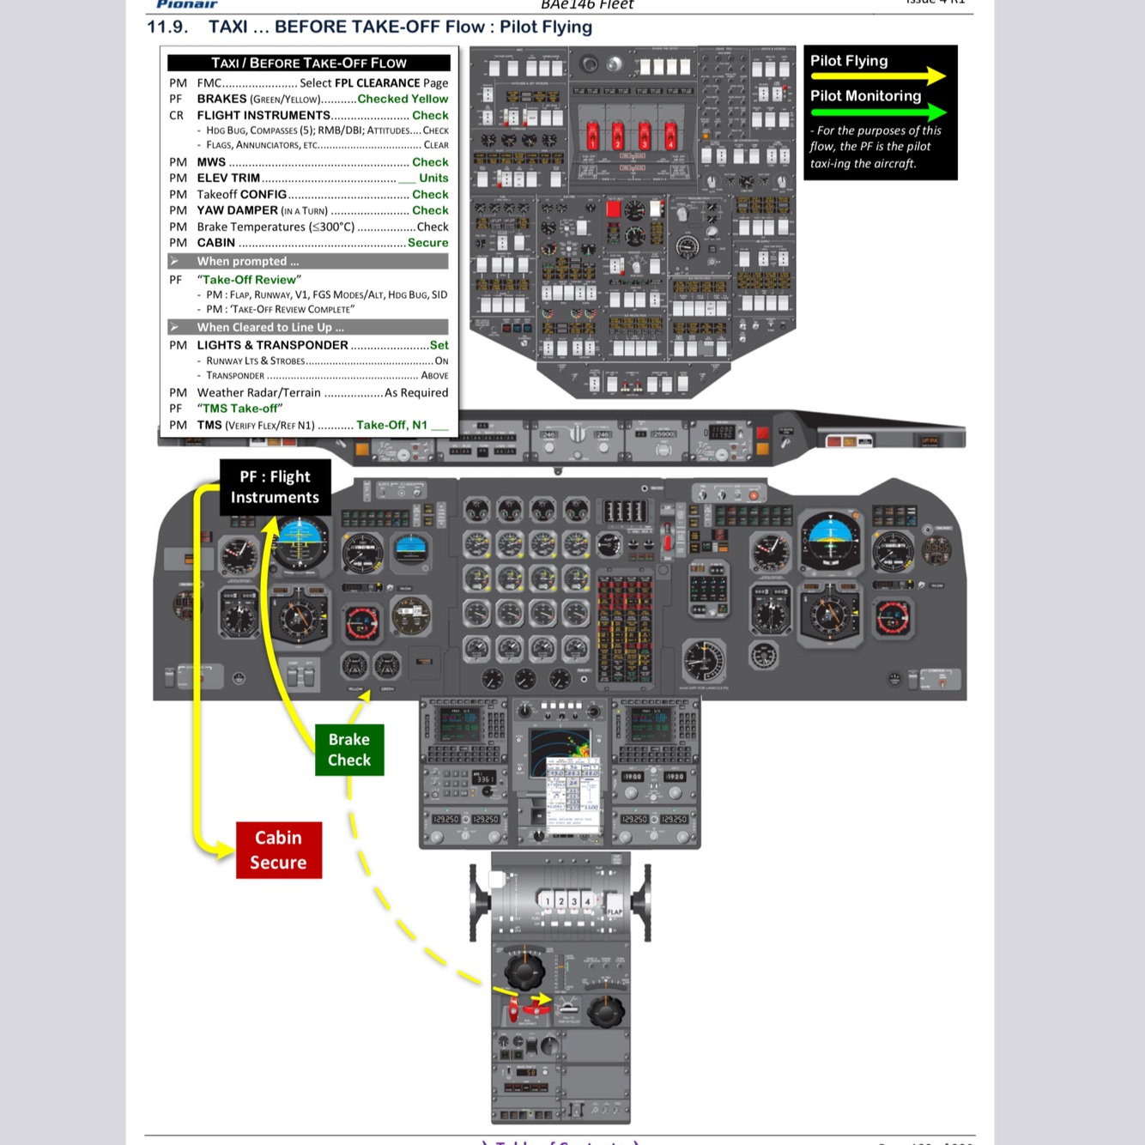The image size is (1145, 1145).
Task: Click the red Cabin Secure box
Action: tap(279, 850)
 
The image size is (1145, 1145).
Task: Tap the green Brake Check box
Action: tap(349, 749)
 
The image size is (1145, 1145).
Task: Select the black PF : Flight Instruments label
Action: tap(275, 487)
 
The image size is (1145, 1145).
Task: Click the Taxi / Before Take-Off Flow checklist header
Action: tap(309, 63)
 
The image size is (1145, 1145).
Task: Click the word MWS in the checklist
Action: tap(211, 162)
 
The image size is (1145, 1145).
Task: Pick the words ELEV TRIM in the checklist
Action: tap(228, 178)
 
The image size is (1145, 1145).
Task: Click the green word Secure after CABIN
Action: tap(427, 243)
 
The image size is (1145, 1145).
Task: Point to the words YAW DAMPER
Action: tap(238, 210)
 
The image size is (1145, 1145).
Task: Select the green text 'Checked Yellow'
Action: tap(403, 99)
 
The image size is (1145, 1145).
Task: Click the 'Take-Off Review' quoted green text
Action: tap(249, 280)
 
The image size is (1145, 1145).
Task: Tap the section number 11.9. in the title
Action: tap(167, 27)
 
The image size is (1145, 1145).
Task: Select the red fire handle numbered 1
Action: tap(591, 135)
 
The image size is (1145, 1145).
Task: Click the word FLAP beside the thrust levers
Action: tap(615, 912)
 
